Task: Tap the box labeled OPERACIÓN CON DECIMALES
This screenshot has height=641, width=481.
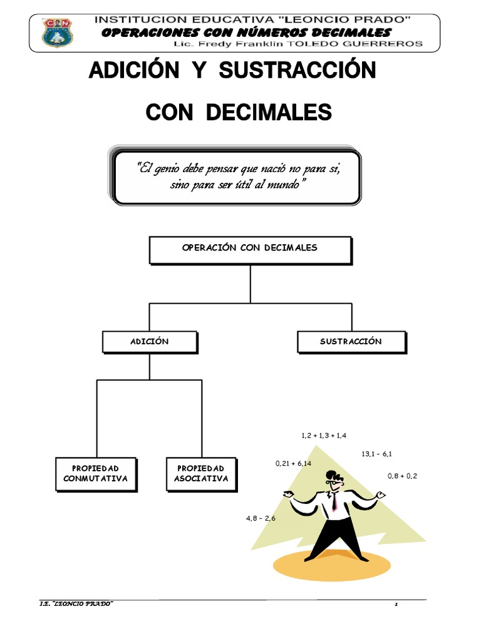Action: coord(250,249)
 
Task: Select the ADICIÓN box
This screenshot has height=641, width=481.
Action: coord(150,342)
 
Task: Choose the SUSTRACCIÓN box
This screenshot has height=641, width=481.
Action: coord(351,342)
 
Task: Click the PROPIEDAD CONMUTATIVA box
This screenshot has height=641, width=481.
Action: coord(95,474)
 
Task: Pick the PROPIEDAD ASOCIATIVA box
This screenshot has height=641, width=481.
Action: coord(200,474)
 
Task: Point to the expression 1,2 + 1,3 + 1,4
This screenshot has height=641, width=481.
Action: coord(324,435)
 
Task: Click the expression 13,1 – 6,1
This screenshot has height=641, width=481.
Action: coord(377,454)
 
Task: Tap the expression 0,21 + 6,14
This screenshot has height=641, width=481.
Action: coord(293,463)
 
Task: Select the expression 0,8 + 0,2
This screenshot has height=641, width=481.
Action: coord(402,476)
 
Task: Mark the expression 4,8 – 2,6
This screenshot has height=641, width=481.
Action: coord(261,518)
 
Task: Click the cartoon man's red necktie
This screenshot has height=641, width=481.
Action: coord(335,501)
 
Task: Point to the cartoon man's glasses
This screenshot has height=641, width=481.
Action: coord(335,483)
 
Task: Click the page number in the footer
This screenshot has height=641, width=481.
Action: coord(396,603)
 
